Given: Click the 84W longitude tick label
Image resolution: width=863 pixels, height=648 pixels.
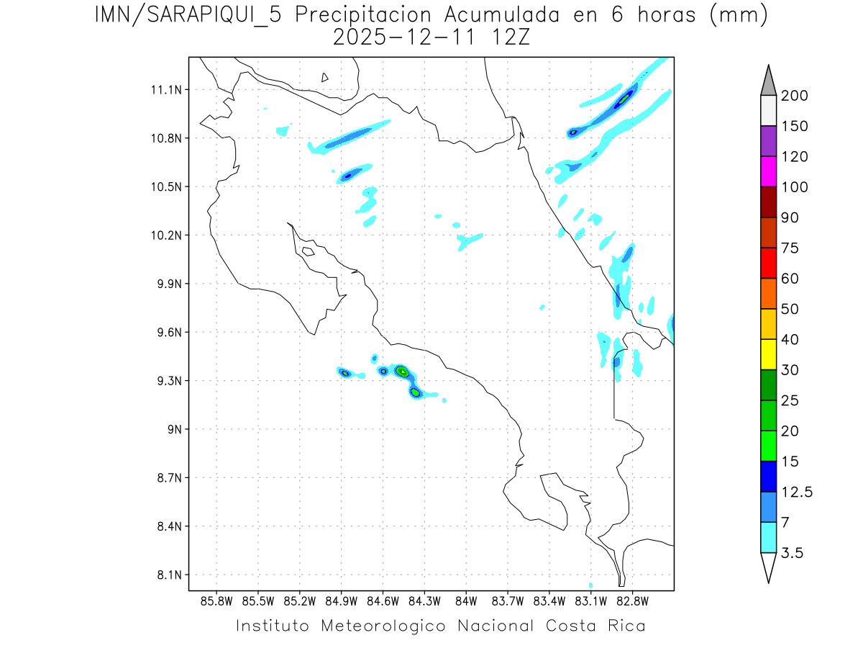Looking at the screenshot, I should pos(466,600).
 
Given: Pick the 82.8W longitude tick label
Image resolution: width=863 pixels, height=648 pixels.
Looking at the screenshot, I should pos(632,600).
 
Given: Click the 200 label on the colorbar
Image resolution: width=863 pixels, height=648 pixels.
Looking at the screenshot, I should pos(795,96).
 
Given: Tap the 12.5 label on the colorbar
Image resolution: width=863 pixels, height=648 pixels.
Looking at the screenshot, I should pos(797,492).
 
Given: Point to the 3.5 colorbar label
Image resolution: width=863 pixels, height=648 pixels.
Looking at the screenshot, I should pos(792,553).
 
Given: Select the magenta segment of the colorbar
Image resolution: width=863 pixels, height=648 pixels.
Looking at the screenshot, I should pos(768,172).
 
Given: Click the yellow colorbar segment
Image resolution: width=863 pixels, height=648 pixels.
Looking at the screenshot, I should pos(768,354).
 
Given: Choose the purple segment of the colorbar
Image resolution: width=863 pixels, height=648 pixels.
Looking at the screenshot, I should pos(768,142).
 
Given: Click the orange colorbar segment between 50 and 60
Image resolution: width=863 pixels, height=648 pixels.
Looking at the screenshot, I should pos(768,294).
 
